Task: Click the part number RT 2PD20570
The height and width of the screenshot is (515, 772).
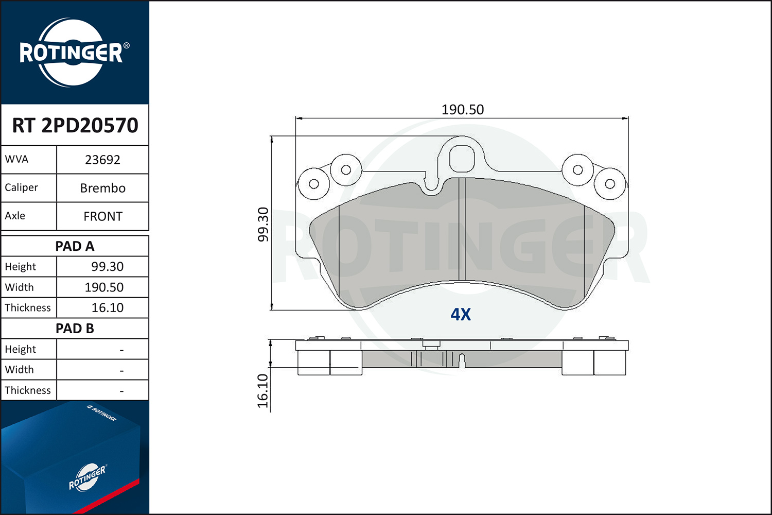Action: (x=75, y=125)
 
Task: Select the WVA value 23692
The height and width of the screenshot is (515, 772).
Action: (x=102, y=160)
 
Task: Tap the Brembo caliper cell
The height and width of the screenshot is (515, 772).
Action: (x=103, y=188)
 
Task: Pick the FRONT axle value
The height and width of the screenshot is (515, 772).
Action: (x=103, y=216)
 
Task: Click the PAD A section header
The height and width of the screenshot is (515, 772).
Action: (x=75, y=246)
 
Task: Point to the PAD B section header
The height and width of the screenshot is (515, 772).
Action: (x=75, y=329)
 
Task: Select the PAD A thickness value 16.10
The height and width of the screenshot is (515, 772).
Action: (x=107, y=307)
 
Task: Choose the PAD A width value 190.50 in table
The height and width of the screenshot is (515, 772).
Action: (x=104, y=287)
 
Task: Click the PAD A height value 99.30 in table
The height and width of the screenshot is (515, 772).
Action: (x=107, y=267)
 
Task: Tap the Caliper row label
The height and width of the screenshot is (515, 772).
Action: (x=22, y=187)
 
